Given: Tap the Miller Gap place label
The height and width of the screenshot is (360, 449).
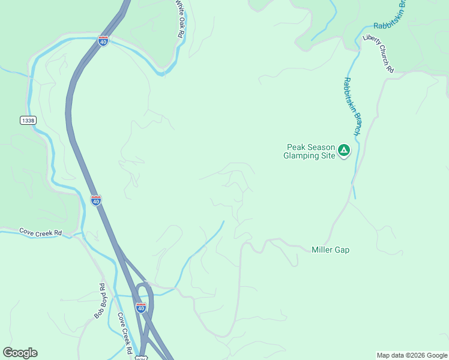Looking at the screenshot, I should [x=330, y=250].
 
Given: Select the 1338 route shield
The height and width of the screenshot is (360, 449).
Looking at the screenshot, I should [x=28, y=121].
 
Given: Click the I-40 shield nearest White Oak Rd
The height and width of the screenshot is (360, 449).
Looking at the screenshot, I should [x=103, y=41].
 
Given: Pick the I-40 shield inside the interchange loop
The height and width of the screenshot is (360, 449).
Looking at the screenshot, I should [x=141, y=307].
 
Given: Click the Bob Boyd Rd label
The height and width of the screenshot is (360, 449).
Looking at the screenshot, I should [x=99, y=301].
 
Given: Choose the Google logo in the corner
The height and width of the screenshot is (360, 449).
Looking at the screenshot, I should [x=20, y=353].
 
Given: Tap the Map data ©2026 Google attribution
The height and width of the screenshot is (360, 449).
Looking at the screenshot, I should [x=412, y=355].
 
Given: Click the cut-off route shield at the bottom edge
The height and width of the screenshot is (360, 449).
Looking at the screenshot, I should [x=140, y=358].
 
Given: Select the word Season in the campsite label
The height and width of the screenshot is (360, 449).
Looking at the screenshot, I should [x=322, y=146].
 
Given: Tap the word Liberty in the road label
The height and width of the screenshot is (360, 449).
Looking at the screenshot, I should [x=372, y=45].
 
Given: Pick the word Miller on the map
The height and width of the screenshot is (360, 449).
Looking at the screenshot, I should [x=322, y=250].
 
